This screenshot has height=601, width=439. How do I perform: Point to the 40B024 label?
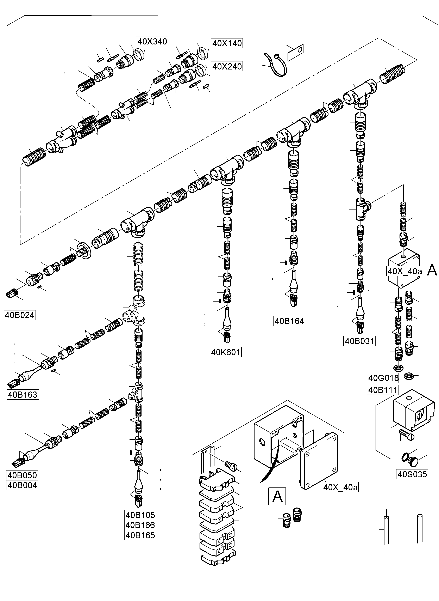(20, 315)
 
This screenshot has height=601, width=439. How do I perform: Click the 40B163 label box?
(23, 395)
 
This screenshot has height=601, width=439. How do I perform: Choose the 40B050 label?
(22, 475)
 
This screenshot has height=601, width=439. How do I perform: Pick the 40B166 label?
(140, 525)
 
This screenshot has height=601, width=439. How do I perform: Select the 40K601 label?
(226, 352)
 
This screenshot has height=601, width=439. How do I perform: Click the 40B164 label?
(289, 321)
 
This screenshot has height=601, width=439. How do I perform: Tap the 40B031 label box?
(359, 341)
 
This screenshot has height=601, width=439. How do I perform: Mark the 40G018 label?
(383, 378)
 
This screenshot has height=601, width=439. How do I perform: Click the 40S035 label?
(412, 474)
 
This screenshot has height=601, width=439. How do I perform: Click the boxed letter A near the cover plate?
(277, 496)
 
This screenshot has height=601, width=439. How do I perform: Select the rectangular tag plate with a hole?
(295, 52)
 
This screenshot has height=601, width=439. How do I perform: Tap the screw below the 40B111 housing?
(407, 436)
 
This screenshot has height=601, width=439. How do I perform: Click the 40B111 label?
(383, 390)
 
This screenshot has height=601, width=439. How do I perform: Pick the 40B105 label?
(140, 515)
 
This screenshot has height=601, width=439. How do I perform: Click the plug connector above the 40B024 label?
(11, 295)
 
